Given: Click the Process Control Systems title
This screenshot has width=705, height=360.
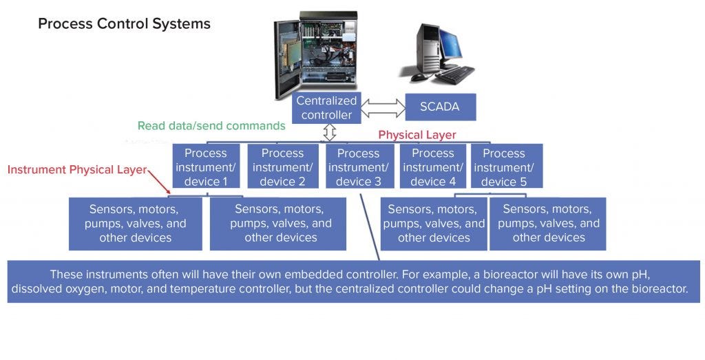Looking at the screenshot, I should click(x=124, y=24).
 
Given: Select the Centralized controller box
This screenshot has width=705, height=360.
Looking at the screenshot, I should click(x=326, y=108).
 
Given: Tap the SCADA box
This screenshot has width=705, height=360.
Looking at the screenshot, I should click(x=440, y=107).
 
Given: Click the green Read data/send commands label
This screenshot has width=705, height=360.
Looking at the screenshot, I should click(x=211, y=126).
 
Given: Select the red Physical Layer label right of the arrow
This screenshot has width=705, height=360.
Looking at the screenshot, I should click(x=417, y=135).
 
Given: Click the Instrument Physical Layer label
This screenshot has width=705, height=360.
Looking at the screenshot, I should click(x=77, y=169).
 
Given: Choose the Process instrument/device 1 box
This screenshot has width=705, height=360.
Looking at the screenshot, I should click(x=206, y=167).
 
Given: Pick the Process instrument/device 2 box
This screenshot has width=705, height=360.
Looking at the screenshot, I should click(x=282, y=167).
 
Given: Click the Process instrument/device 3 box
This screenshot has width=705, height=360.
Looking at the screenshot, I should click(x=358, y=167).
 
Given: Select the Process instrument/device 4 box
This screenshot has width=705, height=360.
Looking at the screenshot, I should click(x=433, y=167).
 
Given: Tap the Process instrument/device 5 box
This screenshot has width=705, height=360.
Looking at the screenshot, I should click(x=503, y=167).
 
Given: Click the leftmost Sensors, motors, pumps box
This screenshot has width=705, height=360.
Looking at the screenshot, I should click(x=136, y=223).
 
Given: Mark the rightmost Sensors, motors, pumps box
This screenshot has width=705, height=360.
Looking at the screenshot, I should click(x=548, y=223).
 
